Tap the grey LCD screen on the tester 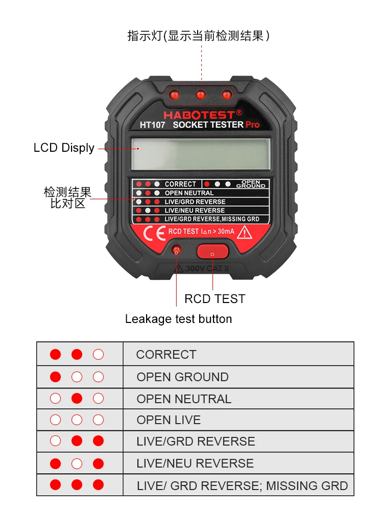point(200,154)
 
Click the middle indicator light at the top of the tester point(201,95)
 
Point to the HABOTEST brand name point(199,114)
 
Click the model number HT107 point(153,125)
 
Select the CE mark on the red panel point(153,233)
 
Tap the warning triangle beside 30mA point(246,233)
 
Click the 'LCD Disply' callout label point(64,148)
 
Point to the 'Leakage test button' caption point(178,319)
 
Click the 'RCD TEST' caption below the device point(214,299)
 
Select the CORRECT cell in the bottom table point(166,355)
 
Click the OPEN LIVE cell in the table point(169,420)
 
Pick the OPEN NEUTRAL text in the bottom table point(184,399)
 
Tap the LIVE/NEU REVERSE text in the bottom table point(195,463)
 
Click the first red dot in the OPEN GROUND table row point(56,377)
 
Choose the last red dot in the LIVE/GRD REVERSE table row point(99,441)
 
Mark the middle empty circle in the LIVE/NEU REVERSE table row point(77,463)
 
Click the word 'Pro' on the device point(252,125)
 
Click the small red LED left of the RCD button point(177,250)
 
